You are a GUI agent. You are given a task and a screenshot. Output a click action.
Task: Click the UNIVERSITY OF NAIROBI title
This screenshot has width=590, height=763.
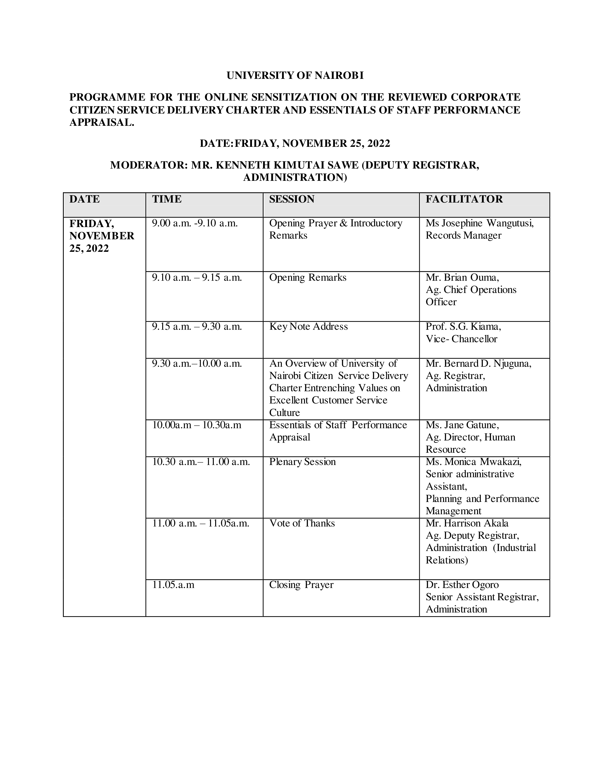[x=295, y=75]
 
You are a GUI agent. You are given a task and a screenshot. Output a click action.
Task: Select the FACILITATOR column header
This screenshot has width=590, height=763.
[x=464, y=199]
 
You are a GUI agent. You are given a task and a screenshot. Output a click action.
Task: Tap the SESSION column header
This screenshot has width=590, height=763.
[x=292, y=199]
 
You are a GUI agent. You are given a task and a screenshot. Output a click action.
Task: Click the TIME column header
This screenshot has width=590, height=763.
[x=167, y=199]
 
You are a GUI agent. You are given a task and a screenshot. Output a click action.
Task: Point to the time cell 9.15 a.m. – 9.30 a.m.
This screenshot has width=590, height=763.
[x=197, y=327]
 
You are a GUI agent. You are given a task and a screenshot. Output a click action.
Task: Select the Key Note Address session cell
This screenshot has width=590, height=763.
[x=308, y=327]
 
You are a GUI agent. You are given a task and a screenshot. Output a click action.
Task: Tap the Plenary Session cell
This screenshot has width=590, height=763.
[x=302, y=462]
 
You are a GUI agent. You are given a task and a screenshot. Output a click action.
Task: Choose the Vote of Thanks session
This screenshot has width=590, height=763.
[x=302, y=523]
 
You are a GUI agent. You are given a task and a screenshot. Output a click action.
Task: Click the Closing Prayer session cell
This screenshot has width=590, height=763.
[x=301, y=585]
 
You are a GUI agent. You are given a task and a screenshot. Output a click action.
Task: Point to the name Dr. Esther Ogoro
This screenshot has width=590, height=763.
[x=462, y=585]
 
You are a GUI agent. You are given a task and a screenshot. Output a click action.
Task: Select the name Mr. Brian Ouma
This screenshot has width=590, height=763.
[x=462, y=278]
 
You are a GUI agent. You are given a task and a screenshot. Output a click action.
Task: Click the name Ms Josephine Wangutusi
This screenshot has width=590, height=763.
[x=480, y=223]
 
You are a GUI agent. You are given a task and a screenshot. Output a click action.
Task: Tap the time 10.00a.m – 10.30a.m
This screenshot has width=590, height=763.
[x=196, y=425]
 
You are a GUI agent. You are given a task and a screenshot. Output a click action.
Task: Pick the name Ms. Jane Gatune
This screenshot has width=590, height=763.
[x=462, y=425]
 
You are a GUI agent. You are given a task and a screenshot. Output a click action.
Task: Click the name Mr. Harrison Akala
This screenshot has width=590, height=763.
[x=467, y=523]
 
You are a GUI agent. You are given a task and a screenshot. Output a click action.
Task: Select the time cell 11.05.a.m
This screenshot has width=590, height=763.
[x=173, y=585]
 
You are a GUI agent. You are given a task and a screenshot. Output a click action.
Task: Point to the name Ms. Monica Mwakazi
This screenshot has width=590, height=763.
[x=473, y=462]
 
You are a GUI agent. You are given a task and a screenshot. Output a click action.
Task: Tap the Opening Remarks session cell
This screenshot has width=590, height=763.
[x=307, y=278]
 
